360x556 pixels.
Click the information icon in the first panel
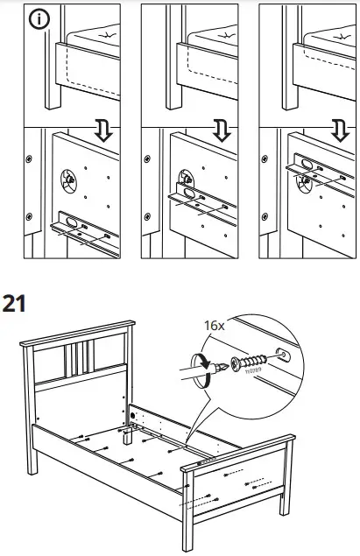tap(38, 20)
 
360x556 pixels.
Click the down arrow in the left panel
tap(102, 131)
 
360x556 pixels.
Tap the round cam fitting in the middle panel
tap(187, 180)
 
